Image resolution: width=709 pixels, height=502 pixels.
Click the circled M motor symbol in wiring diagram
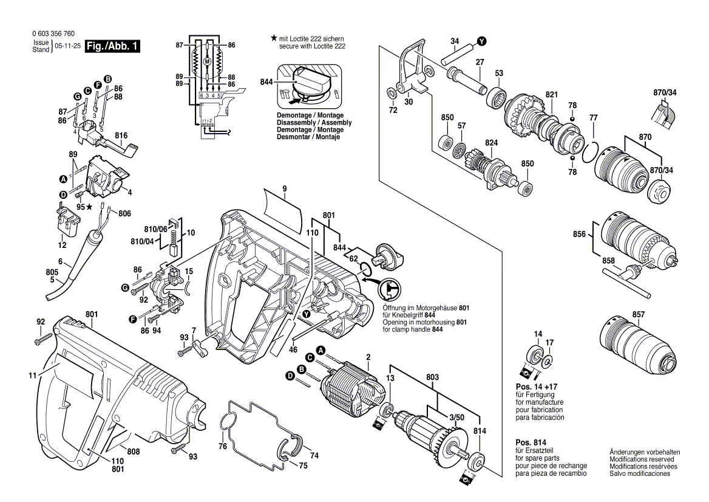pos(208,62)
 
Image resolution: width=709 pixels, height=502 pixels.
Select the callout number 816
pos(121,135)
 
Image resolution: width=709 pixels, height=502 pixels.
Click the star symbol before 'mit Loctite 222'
pos(274,38)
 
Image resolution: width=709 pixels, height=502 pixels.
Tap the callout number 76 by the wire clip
pos(223,447)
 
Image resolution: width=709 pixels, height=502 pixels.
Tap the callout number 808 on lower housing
pos(134,452)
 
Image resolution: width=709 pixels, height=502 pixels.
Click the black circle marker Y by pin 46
pos(307,314)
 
